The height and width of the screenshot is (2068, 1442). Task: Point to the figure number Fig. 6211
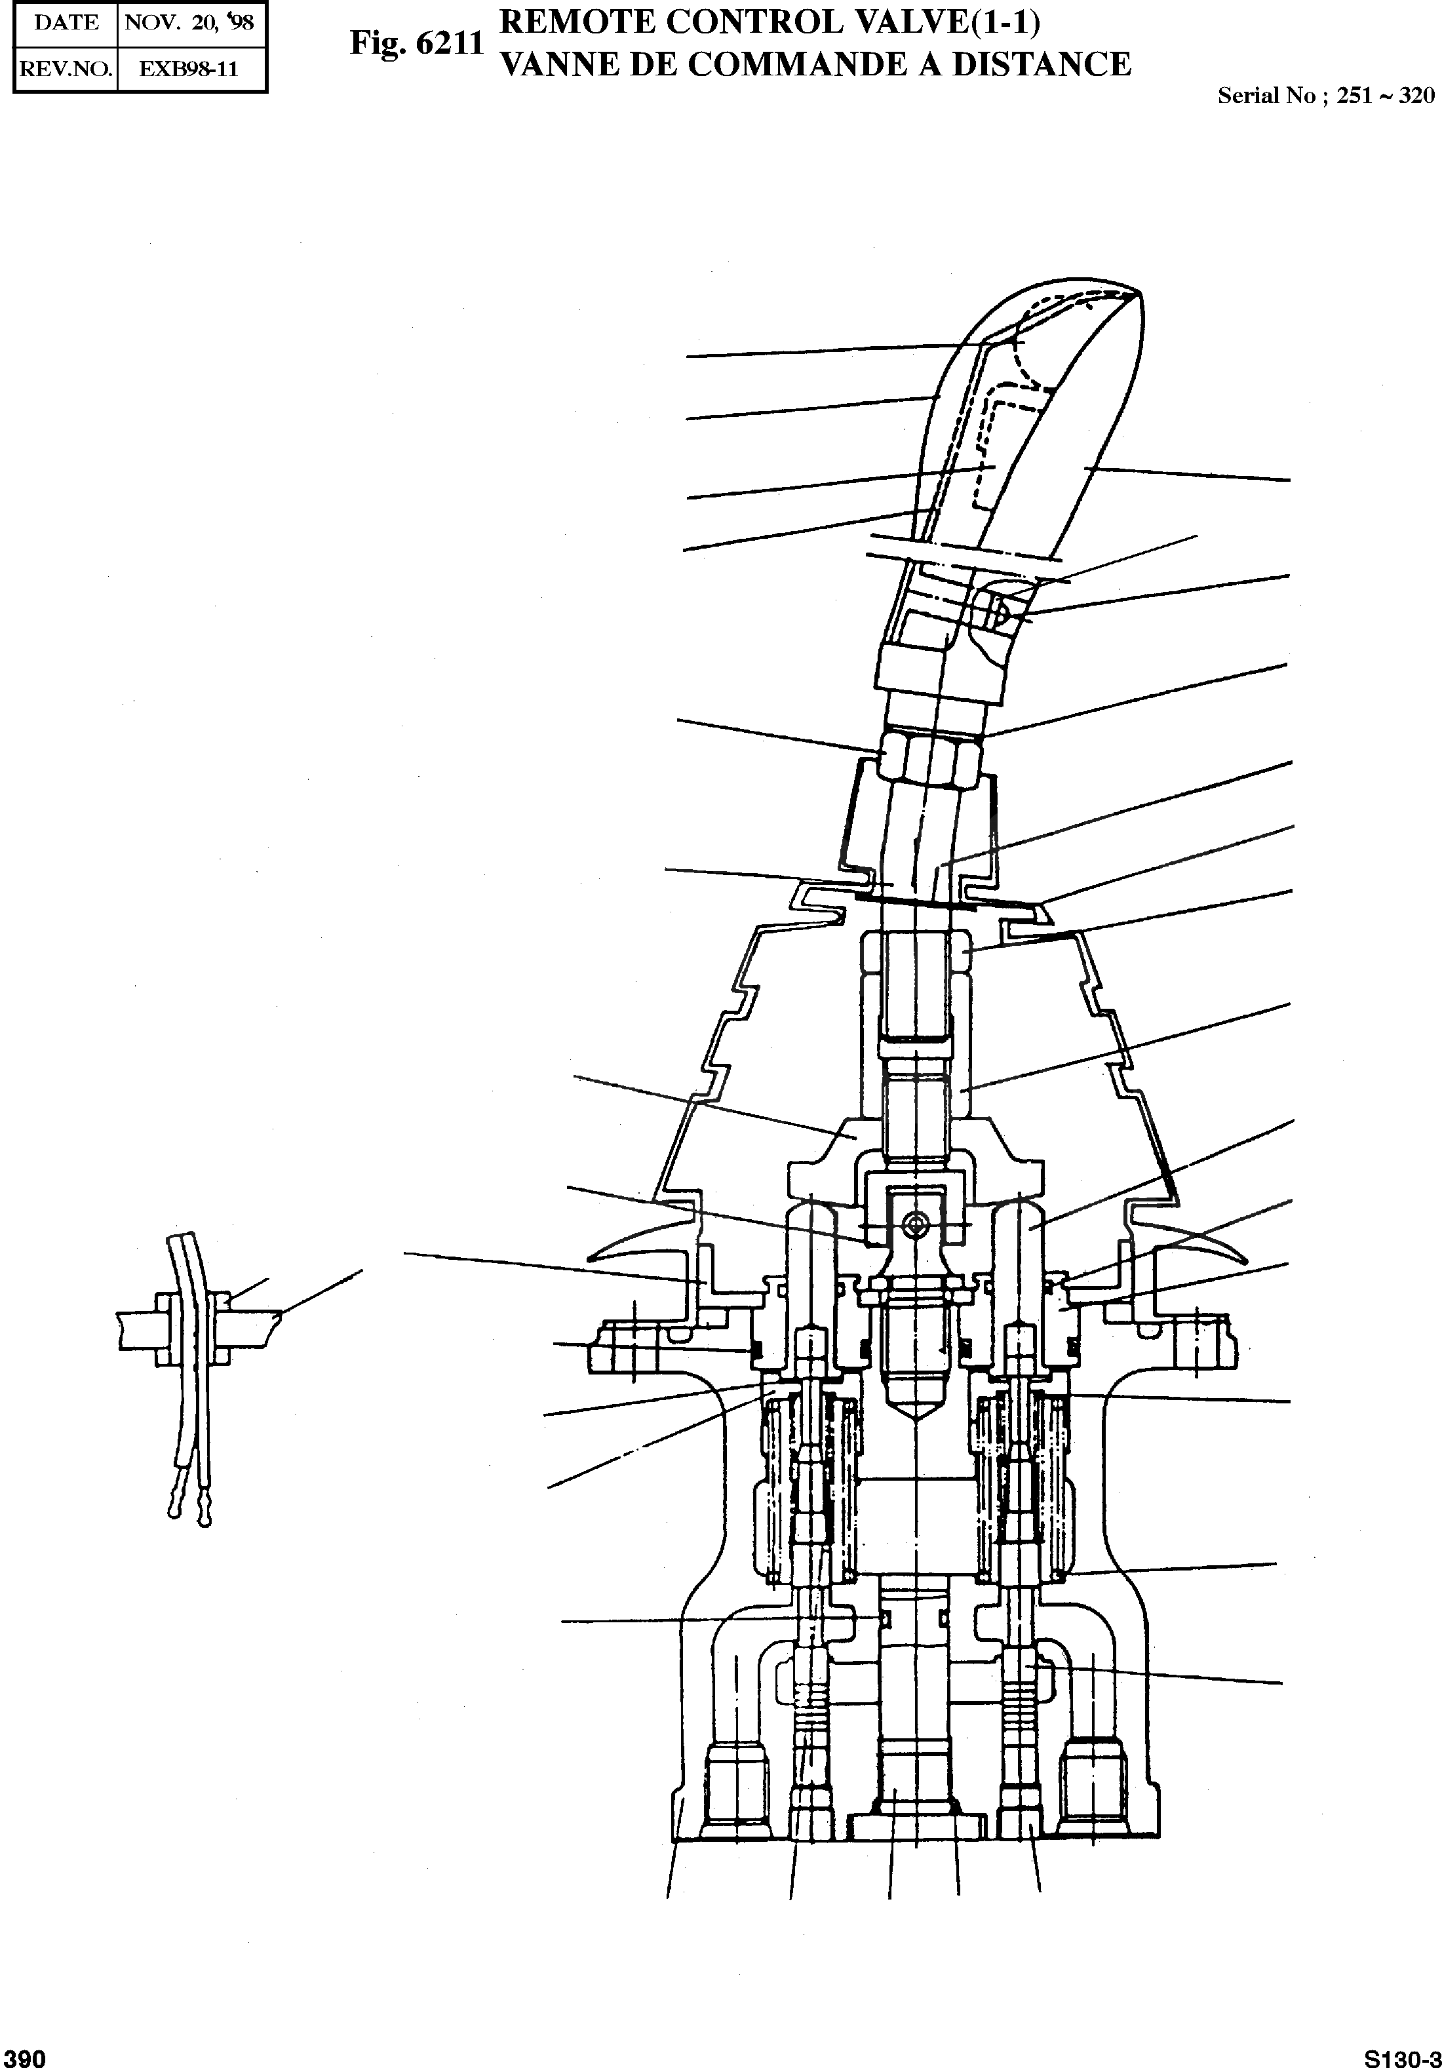417,44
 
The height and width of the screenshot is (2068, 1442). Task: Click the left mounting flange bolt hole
634,1349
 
